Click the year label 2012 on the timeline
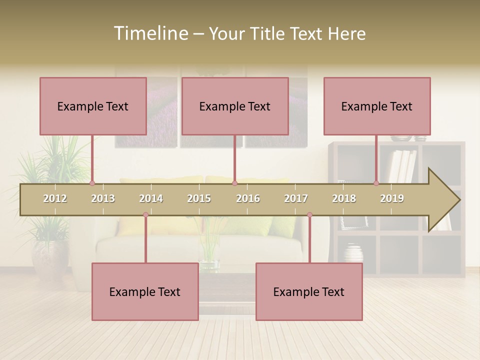click(x=55, y=198)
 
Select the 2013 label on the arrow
click(x=103, y=198)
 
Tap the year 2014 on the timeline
click(x=151, y=198)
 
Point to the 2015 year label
click(x=199, y=198)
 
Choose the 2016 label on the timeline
click(x=248, y=198)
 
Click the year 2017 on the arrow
click(x=296, y=198)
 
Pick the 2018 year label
click(x=344, y=198)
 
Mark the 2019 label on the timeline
click(x=392, y=198)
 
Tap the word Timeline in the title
click(x=150, y=33)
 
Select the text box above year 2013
click(x=93, y=106)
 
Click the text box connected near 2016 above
click(x=235, y=106)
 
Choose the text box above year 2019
click(x=377, y=106)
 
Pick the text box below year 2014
click(x=145, y=291)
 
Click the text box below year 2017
click(x=309, y=291)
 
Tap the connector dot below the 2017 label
click(x=309, y=215)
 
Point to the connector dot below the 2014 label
click(x=145, y=215)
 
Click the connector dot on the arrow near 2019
click(x=376, y=183)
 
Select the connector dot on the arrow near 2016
click(x=234, y=183)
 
